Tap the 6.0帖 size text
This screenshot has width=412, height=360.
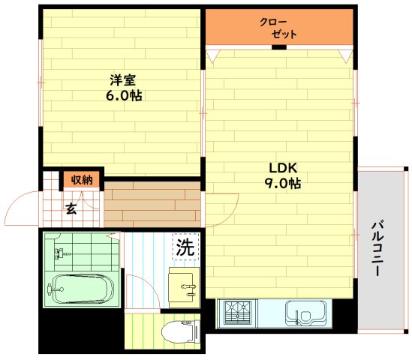[x=123, y=96]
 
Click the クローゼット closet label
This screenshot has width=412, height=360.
[x=278, y=28]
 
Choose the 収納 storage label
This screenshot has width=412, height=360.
[x=82, y=179]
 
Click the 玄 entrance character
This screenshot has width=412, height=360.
[x=70, y=208]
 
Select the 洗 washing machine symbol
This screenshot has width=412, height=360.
[x=185, y=247]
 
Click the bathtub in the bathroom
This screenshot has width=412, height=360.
[x=78, y=288]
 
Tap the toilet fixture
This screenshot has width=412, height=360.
[x=178, y=330]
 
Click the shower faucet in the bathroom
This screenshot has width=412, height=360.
[x=59, y=253]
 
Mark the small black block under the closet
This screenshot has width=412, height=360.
[x=278, y=48]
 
